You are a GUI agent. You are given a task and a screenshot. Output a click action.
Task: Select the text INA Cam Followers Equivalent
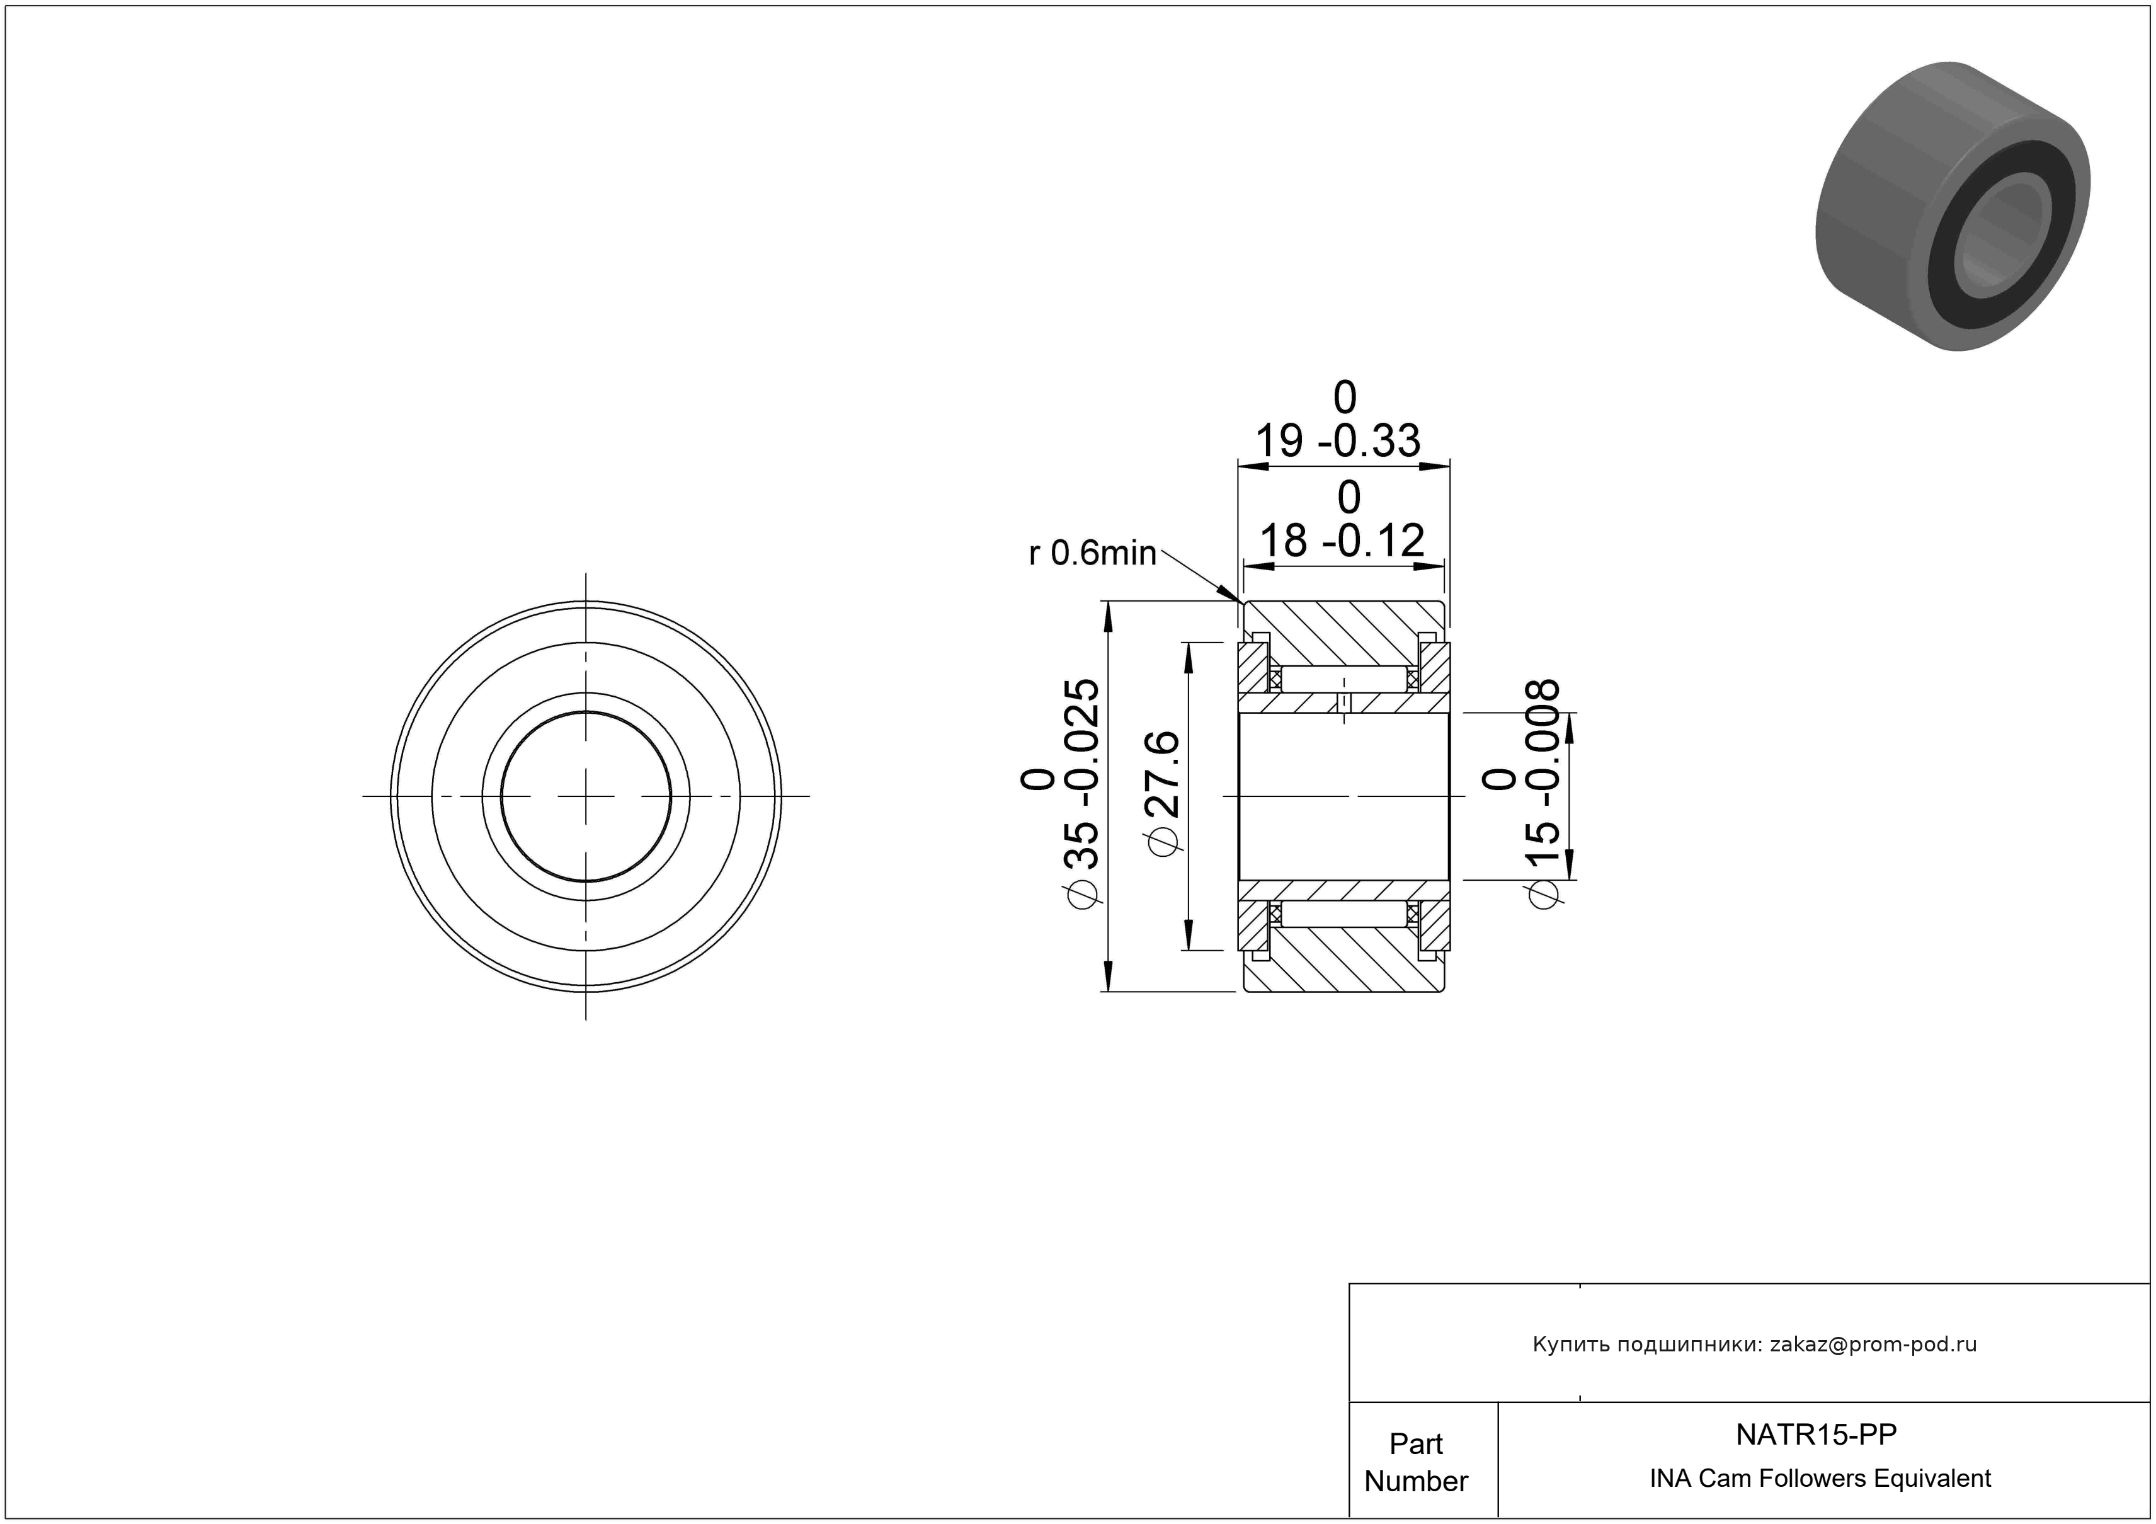pos(1820,1479)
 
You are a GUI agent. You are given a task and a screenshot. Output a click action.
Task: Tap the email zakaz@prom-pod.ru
pos(1873,1344)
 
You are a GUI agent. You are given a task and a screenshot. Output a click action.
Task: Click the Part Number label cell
pos(1416,1462)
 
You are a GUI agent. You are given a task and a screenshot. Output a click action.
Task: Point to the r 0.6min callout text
pos(1092,553)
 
